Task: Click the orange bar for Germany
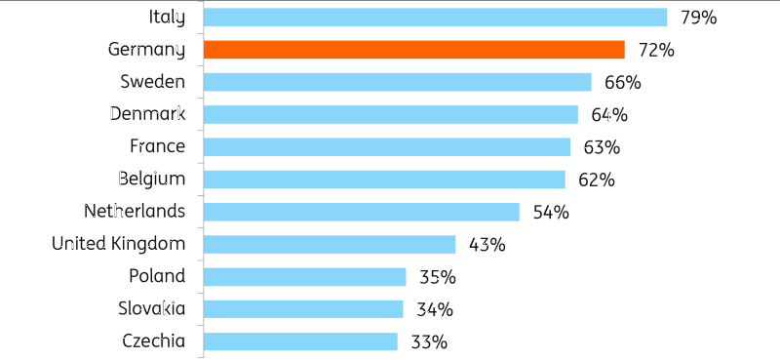point(413,50)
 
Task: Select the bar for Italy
point(435,17)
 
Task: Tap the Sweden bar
point(398,82)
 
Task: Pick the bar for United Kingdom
point(330,245)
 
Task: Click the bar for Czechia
point(300,341)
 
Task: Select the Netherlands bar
point(361,212)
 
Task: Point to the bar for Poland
point(304,277)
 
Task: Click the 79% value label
point(699,18)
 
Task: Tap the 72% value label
point(656,51)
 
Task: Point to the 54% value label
point(551,213)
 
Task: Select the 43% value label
point(487,245)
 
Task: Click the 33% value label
point(429,342)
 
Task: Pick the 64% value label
point(609,115)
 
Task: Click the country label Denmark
point(148,114)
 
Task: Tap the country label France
point(158,146)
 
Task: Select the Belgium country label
point(152,180)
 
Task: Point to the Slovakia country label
point(152,308)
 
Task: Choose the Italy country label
point(167,18)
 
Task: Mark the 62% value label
point(597,180)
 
